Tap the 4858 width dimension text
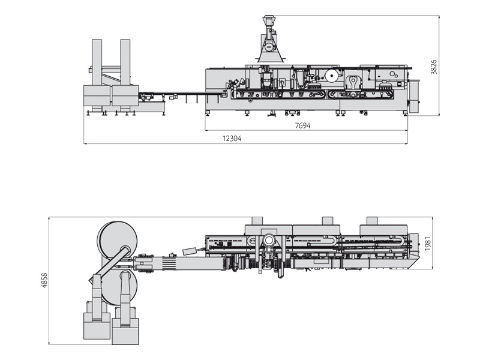pos(44,281)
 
